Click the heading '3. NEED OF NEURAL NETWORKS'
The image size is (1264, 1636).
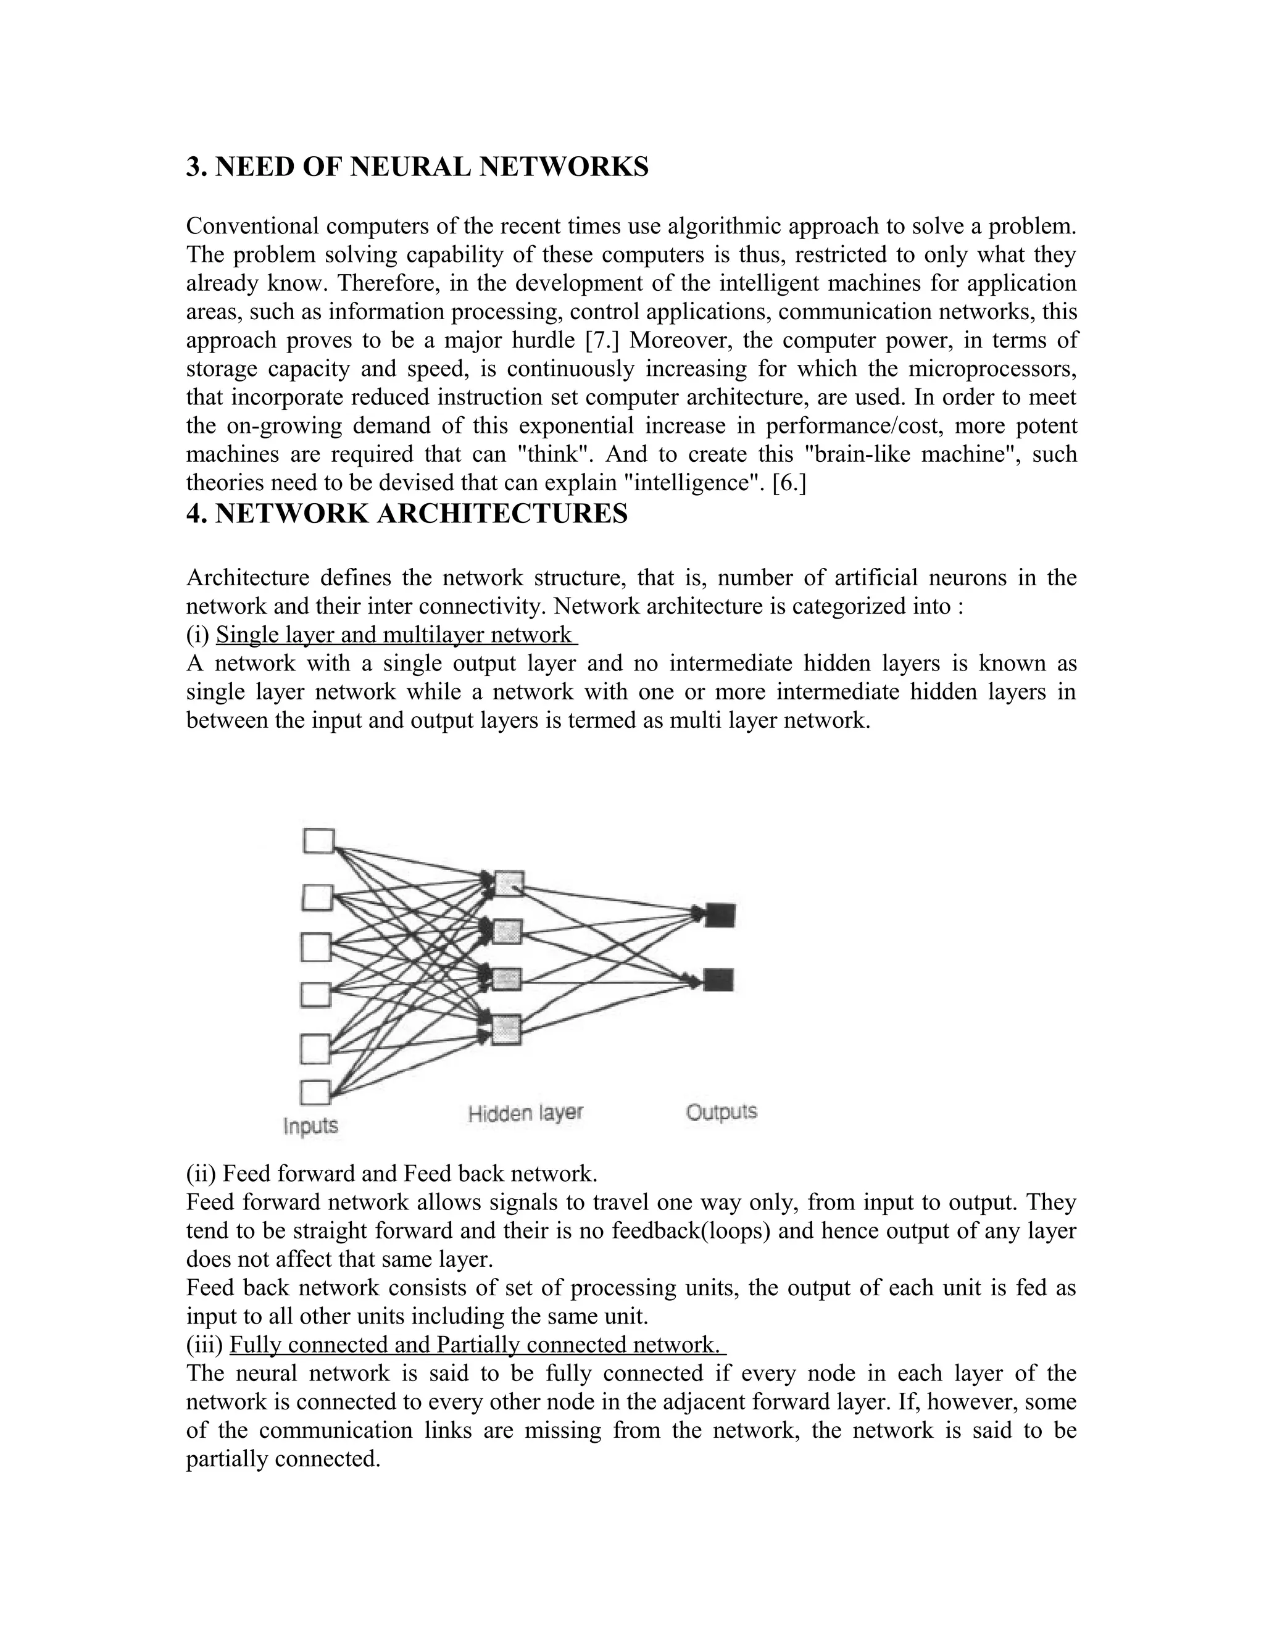(417, 166)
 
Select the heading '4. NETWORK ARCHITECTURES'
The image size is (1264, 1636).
(407, 514)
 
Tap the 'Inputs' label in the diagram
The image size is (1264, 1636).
(311, 1126)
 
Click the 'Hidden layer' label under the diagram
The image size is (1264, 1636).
(525, 1113)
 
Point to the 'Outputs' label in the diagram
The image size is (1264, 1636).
(721, 1112)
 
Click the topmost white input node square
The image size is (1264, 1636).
(318, 840)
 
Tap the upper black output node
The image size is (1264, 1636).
(720, 915)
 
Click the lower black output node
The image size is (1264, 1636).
(718, 980)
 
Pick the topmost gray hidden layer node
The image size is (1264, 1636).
(509, 883)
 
